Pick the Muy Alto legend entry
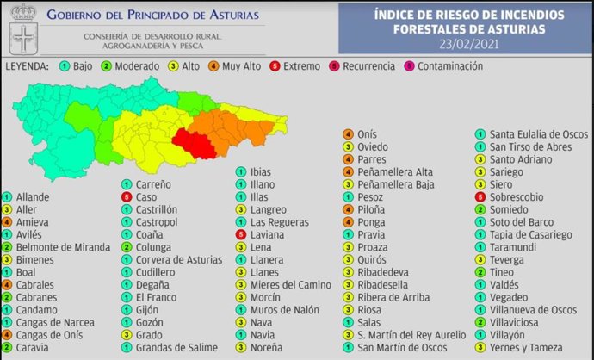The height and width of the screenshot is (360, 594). pos(236,66)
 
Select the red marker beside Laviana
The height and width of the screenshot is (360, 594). pos(242,234)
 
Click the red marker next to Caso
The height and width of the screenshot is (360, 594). pos(126,197)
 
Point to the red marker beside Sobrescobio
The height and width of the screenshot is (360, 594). pos(479,196)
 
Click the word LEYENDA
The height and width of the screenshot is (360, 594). pos(28,66)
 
